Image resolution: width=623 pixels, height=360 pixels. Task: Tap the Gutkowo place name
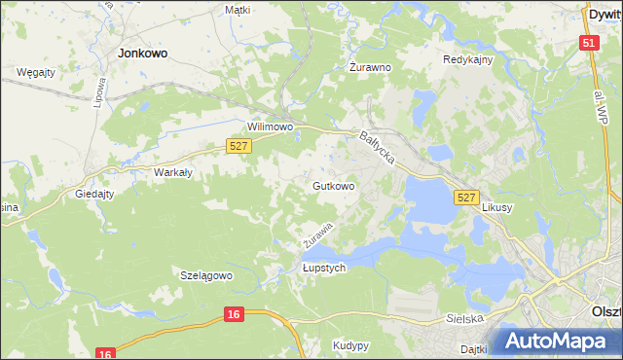(333, 185)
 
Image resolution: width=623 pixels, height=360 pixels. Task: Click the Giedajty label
(95, 194)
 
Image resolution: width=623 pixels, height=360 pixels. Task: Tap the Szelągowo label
(206, 275)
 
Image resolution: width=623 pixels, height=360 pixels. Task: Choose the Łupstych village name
(324, 269)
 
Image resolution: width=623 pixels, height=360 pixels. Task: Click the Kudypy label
(350, 345)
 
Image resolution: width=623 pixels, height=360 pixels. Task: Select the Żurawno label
(370, 68)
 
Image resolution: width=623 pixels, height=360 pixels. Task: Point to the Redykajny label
(468, 59)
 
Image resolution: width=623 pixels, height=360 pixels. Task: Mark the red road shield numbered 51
(588, 43)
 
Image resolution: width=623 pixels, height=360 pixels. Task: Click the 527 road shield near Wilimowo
(239, 145)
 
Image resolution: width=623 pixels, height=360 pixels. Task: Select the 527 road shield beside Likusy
(465, 198)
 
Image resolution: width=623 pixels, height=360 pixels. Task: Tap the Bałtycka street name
(377, 150)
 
